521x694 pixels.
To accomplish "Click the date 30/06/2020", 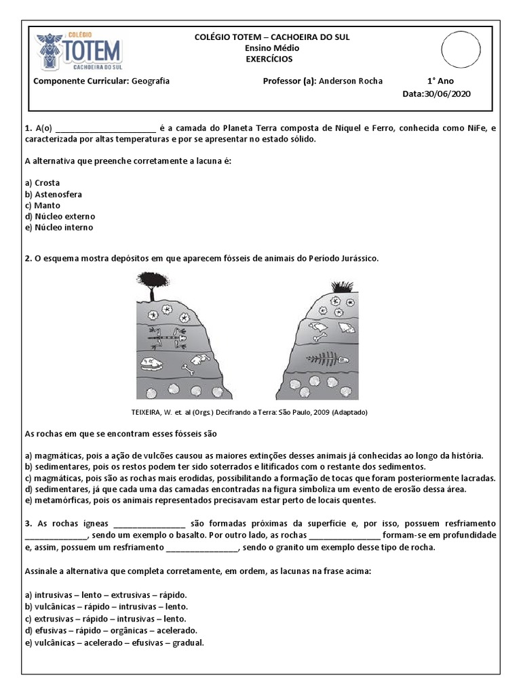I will point(446,94).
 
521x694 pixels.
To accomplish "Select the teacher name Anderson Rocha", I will point(350,81).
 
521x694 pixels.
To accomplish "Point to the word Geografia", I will point(151,81).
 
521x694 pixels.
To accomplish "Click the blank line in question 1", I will point(105,128).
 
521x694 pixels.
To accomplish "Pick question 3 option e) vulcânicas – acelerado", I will point(114,641).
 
